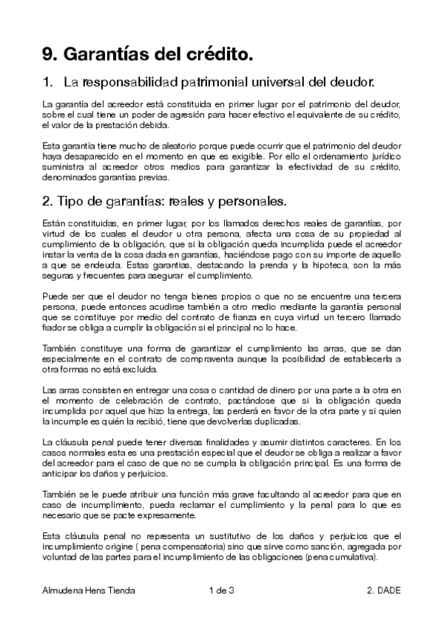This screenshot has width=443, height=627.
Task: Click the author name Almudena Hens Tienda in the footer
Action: coord(89,590)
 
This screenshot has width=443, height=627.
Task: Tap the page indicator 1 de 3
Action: coord(222,590)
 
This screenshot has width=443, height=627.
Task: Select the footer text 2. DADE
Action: coord(383,590)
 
